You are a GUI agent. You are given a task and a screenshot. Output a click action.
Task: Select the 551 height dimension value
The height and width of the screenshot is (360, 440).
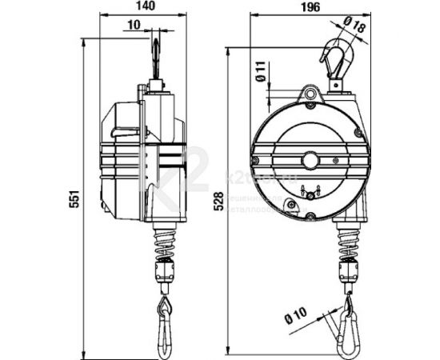tap(70, 199)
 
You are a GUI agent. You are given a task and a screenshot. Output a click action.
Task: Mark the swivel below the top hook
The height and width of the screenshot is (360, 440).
tap(335, 80)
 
